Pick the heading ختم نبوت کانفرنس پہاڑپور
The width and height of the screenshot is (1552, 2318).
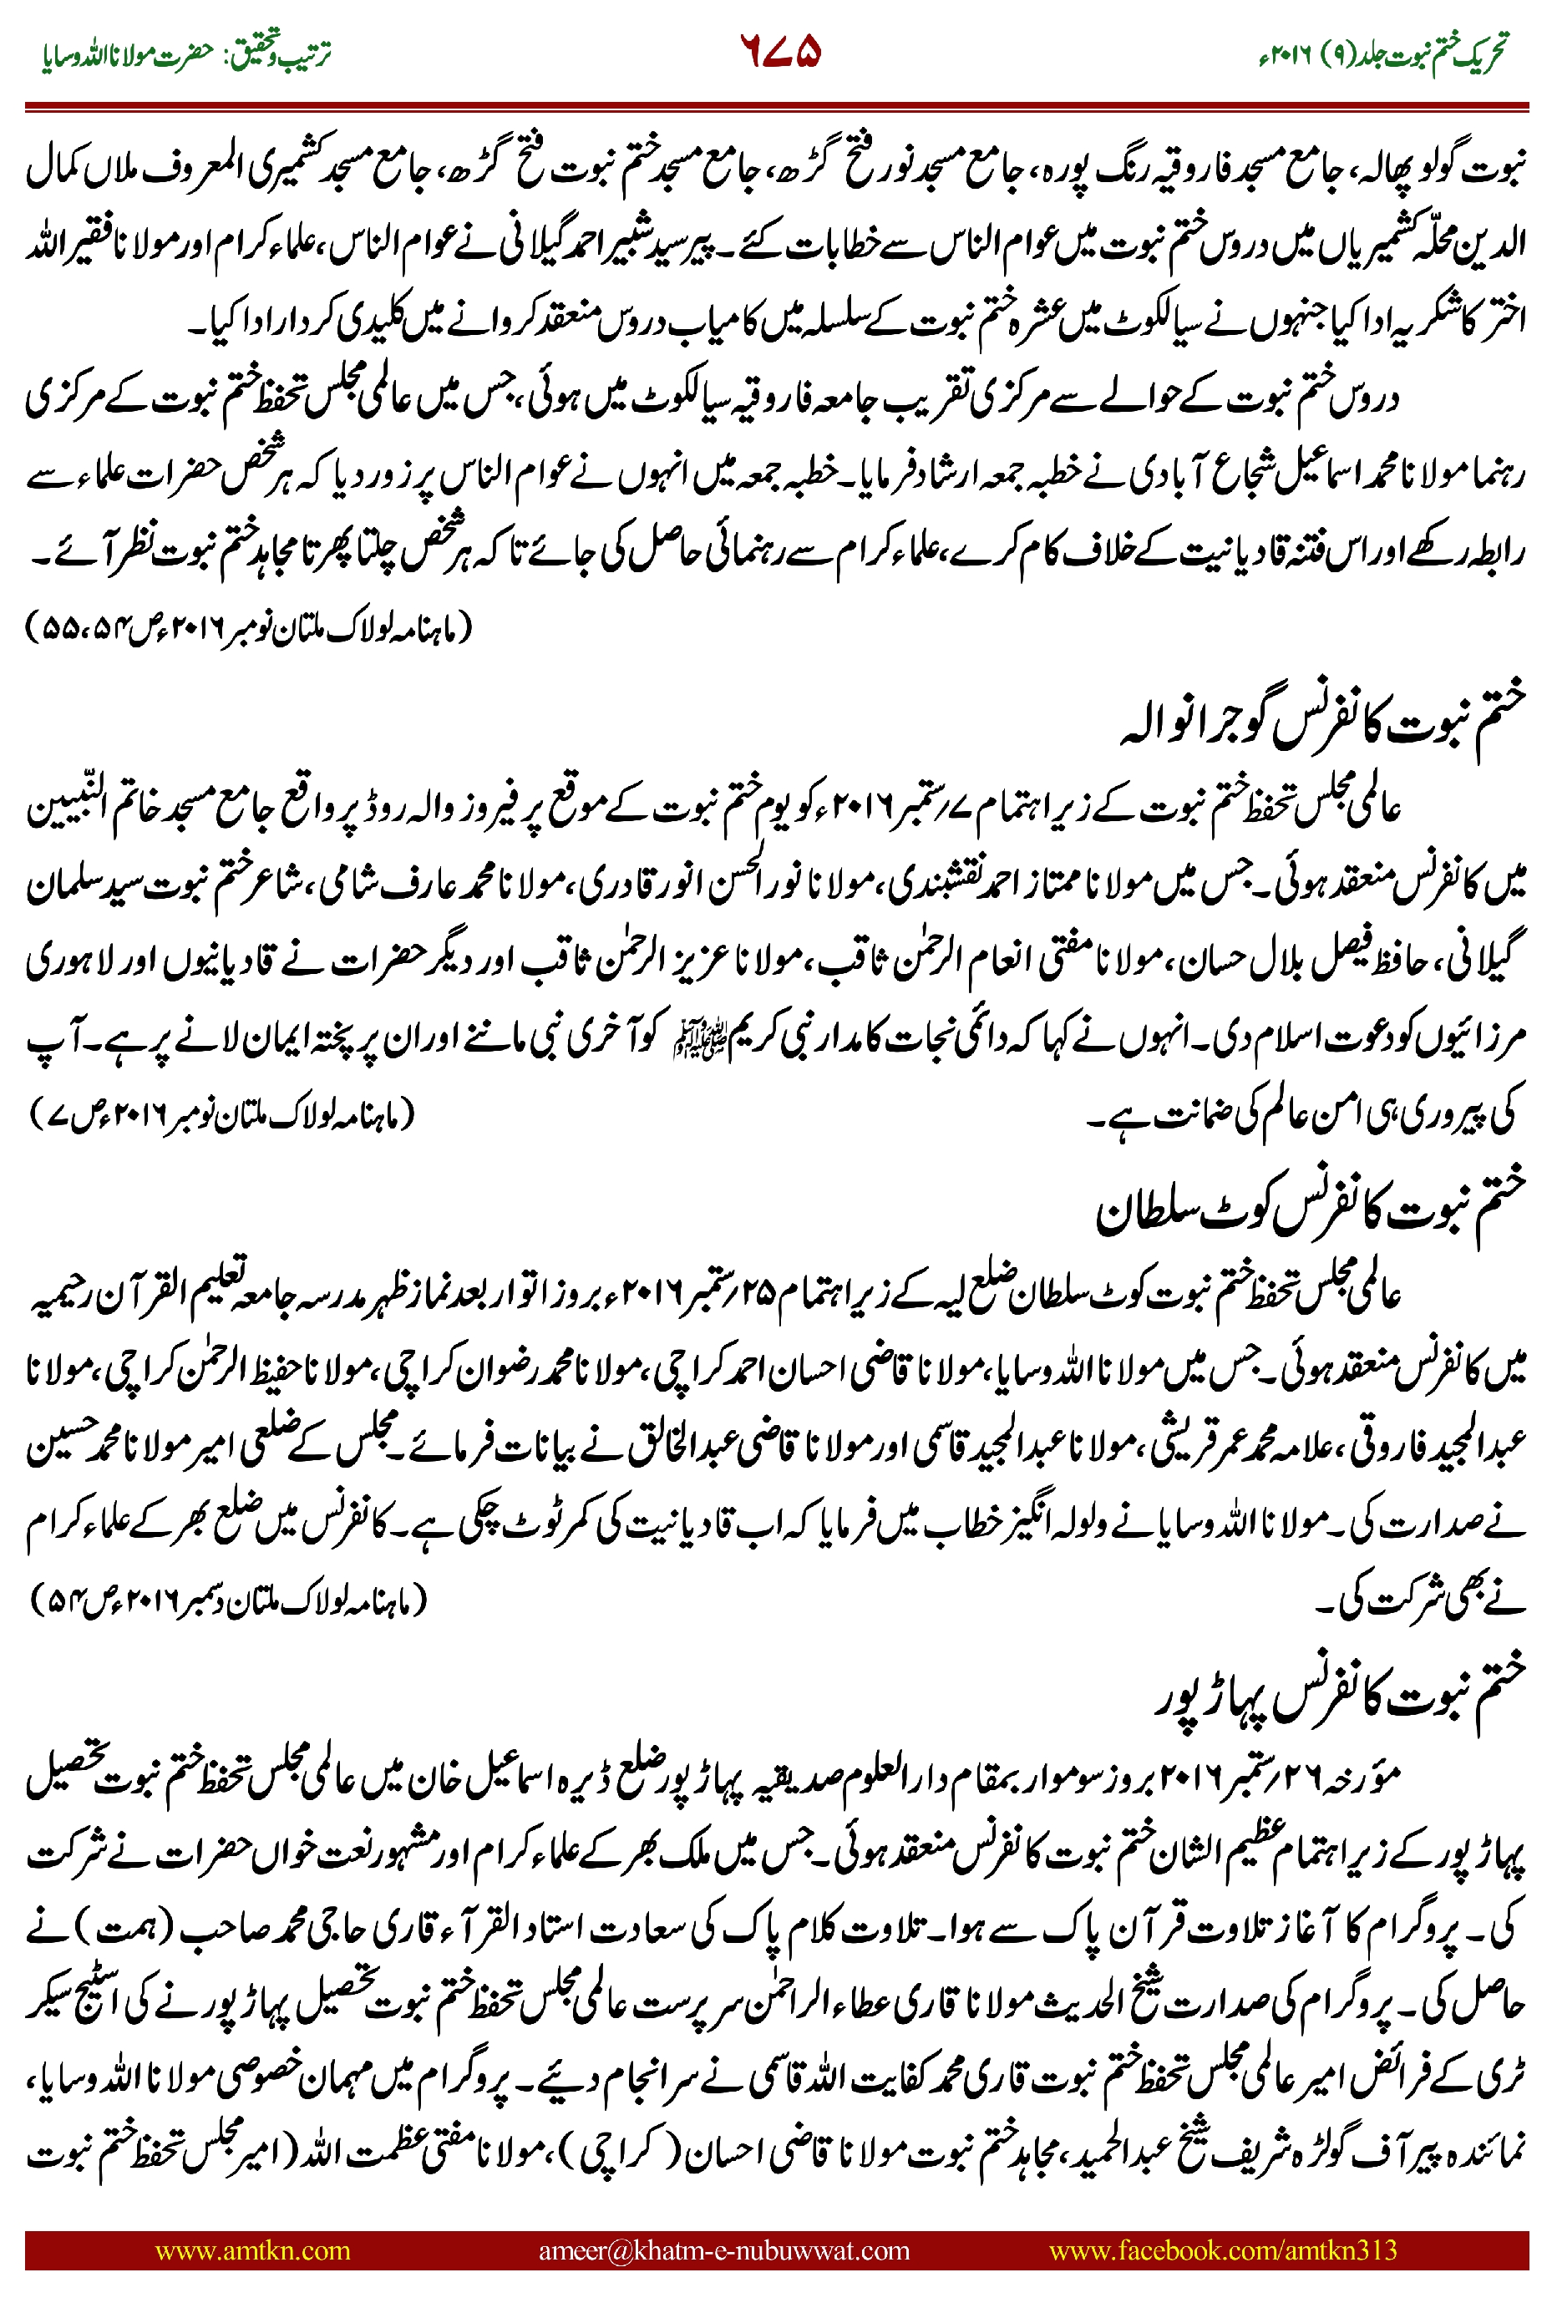click(x=1339, y=1697)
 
